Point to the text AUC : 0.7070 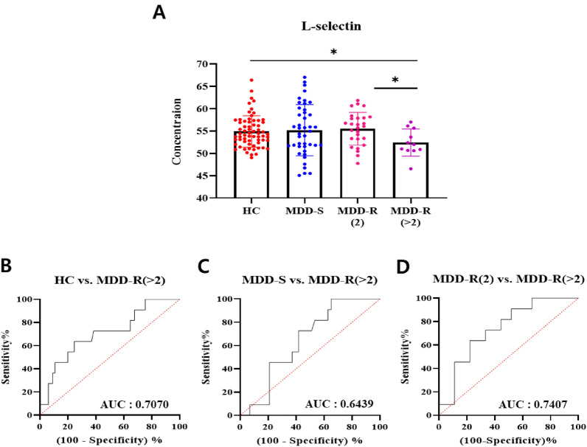click(135, 405)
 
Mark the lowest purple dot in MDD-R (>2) click(390, 169)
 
